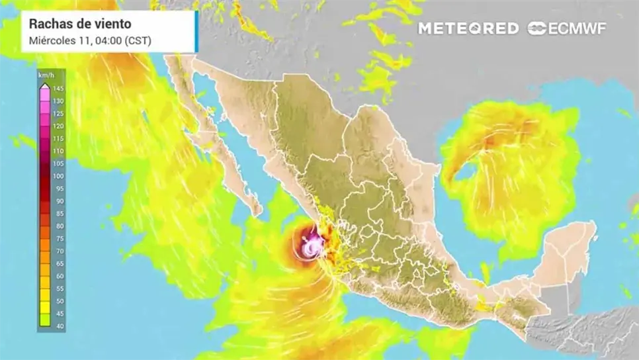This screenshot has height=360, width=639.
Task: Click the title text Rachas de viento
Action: [80, 24]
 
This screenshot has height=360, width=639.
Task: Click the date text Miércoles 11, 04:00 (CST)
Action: [90, 40]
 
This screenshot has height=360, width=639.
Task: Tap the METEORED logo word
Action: [468, 28]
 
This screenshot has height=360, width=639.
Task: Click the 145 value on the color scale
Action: [58, 89]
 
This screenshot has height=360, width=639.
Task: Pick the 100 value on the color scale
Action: [58, 176]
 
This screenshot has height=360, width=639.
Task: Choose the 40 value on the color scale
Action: [58, 326]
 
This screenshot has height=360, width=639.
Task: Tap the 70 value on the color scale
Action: [58, 251]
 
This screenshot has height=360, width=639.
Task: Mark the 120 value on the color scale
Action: [58, 126]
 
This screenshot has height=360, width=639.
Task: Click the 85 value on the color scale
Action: [58, 214]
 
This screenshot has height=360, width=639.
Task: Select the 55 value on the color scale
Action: [58, 289]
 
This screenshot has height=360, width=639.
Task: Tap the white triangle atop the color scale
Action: [44, 86]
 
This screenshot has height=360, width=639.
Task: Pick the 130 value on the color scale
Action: [58, 101]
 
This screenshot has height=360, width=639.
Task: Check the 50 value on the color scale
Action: [58, 301]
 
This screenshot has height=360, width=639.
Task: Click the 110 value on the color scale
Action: [58, 151]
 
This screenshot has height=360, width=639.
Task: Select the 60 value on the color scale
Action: [58, 276]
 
